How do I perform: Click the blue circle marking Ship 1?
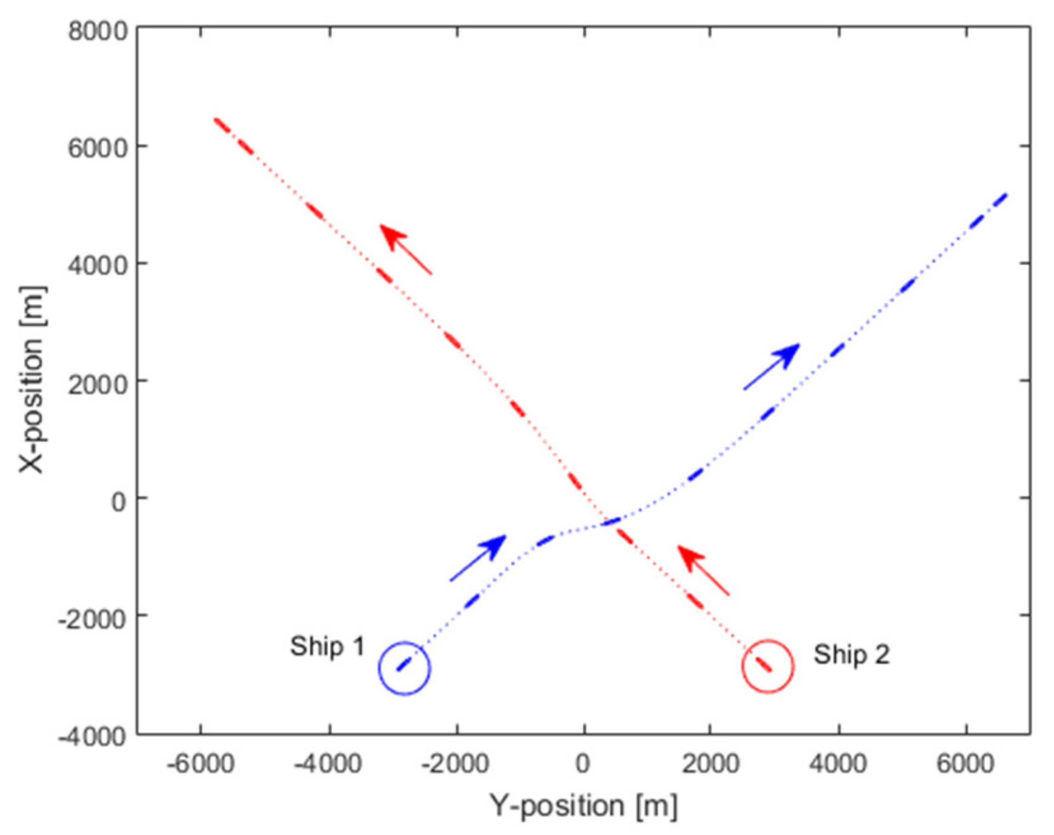(404, 668)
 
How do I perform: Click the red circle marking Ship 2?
(767, 666)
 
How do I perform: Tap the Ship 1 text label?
(327, 647)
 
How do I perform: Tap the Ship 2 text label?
(851, 655)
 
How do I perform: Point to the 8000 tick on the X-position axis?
(98, 31)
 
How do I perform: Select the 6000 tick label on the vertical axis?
(98, 147)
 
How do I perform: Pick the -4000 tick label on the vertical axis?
(93, 736)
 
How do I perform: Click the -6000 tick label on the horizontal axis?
(201, 763)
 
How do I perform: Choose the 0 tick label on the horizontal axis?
(583, 763)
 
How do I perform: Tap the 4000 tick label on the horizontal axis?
(838, 763)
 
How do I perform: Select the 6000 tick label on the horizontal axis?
(965, 763)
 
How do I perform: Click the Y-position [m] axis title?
(583, 806)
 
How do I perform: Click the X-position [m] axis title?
(32, 380)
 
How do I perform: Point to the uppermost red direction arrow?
(405, 249)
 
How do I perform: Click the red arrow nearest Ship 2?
(703, 571)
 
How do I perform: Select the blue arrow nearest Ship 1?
(478, 558)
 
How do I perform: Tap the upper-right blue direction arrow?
(771, 366)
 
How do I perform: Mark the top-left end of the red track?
(216, 119)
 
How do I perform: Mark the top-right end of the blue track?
(1006, 194)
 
